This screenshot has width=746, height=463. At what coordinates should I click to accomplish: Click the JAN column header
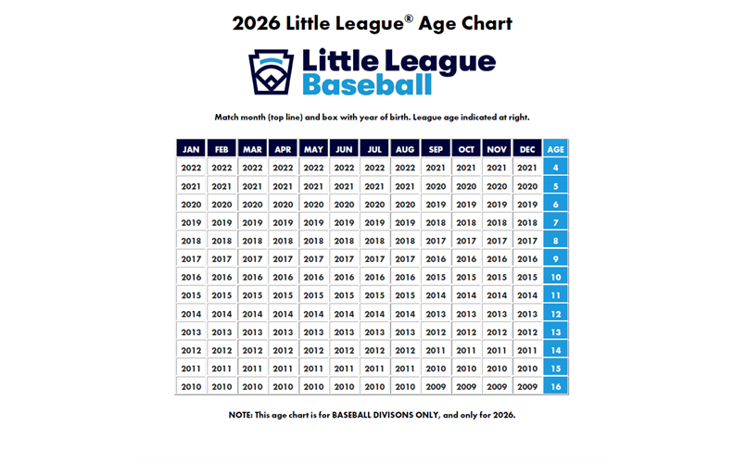point(191,149)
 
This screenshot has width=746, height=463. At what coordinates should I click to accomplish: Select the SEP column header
point(436,149)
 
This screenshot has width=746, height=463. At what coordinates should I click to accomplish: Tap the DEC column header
point(527,149)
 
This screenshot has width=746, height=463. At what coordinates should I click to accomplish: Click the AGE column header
point(556,149)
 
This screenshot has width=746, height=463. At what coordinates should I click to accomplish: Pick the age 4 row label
point(556,168)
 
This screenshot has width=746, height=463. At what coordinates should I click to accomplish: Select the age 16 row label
point(556,387)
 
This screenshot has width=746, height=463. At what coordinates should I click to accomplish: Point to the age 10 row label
point(556,277)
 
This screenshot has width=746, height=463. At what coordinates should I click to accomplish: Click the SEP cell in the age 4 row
point(436,168)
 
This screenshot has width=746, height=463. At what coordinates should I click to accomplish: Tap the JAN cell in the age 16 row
point(191,387)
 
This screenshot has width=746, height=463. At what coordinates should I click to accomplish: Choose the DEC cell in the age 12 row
point(527,314)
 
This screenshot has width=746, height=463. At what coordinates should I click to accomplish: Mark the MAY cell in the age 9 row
point(313,259)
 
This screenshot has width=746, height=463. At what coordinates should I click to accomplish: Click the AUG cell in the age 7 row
point(405,222)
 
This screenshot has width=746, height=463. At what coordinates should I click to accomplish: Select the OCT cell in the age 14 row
point(466,350)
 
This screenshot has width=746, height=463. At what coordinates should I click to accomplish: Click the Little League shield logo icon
point(271,71)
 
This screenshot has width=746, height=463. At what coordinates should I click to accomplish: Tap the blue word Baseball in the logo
point(367,85)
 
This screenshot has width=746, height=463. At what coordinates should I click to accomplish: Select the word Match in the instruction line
point(227,118)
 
